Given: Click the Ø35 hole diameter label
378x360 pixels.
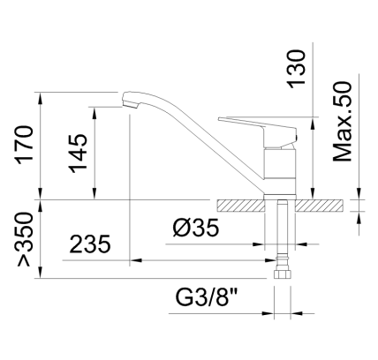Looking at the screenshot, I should pos(194,229).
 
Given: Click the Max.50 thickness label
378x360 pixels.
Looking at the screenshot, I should pos(344,121).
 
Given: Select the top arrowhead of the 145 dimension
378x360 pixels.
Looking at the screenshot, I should pos(94,110).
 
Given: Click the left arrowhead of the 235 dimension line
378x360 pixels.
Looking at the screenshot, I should pos(134,261).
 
